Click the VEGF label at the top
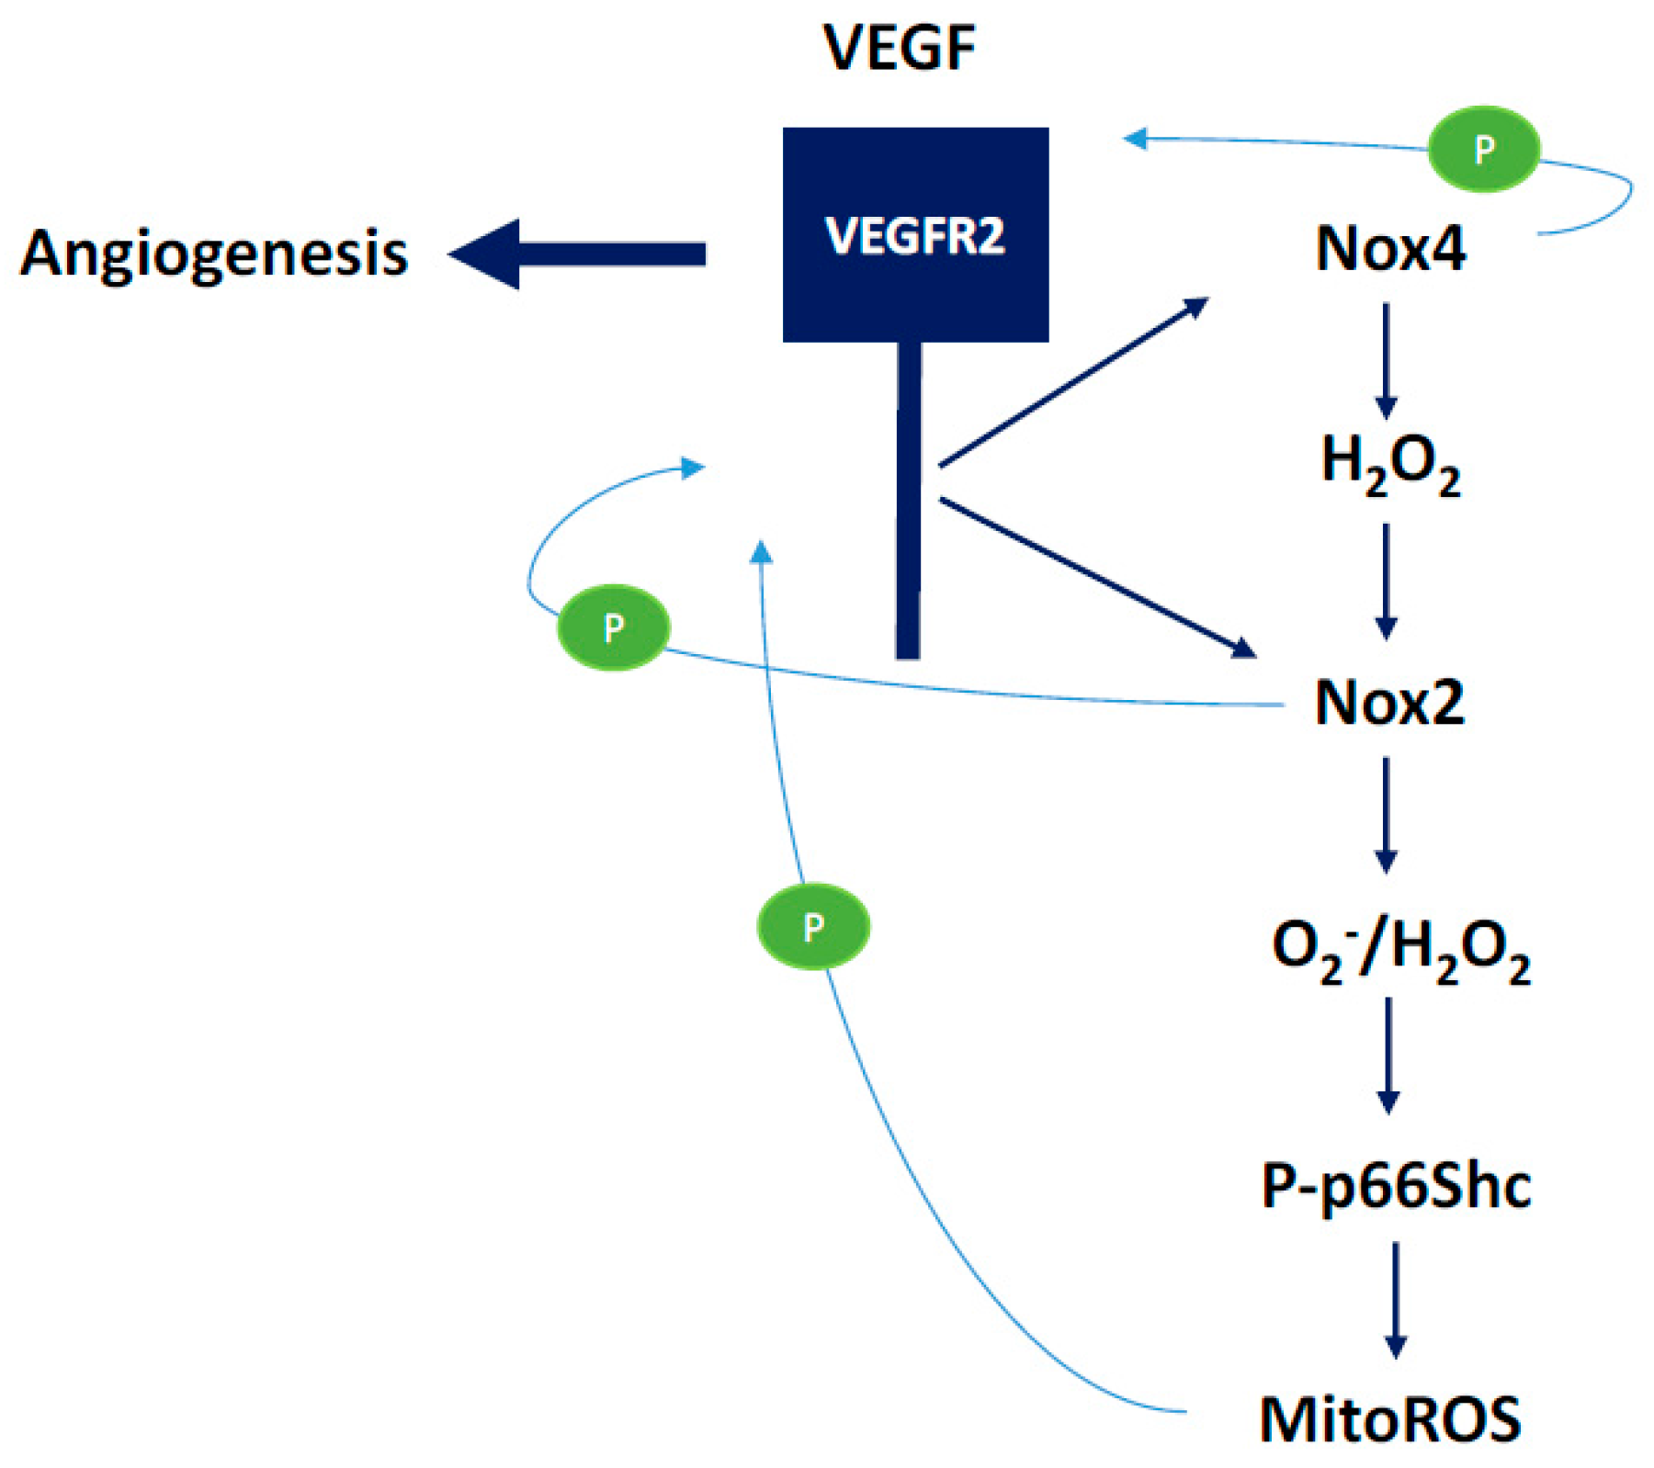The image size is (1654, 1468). point(899,47)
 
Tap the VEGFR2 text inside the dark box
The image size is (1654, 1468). point(915,236)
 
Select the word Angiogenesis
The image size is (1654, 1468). point(214,253)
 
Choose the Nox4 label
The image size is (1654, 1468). point(1390,248)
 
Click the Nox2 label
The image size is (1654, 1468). point(1389,703)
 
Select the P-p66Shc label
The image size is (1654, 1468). point(1396,1186)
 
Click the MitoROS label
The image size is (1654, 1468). point(1390,1419)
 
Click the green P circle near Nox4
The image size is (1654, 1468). point(1483,149)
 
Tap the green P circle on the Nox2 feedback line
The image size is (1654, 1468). point(614,627)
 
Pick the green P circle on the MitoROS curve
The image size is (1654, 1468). point(813,926)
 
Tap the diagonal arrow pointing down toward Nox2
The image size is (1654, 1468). point(1097,577)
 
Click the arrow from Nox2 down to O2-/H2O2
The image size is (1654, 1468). point(1387,814)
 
